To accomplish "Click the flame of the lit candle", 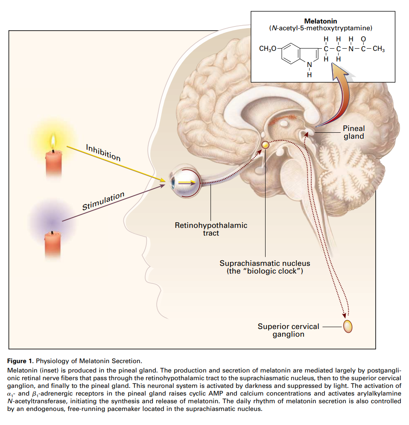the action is click(53, 142).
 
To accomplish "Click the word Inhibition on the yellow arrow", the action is click(103, 153).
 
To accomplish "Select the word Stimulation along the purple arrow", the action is click(103, 201).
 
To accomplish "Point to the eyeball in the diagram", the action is click(185, 181).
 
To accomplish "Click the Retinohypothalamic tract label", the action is click(211, 229).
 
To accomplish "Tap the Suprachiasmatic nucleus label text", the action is click(265, 267).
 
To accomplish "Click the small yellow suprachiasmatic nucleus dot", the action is click(265, 145).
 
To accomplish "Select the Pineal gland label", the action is click(353, 132).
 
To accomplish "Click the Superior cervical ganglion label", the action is click(288, 330).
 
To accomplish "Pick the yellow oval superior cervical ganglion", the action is click(348, 326).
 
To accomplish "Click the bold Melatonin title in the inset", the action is click(320, 21).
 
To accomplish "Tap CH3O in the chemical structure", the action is click(267, 49).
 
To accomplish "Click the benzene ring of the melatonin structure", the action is click(290, 53).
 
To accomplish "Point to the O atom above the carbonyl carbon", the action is click(363, 39).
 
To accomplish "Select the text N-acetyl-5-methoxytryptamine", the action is click(321, 28).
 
